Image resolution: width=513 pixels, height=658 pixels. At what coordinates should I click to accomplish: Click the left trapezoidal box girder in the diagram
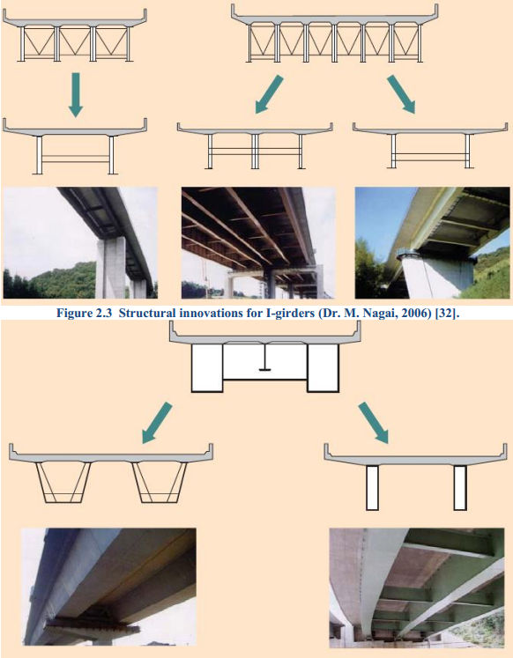65,482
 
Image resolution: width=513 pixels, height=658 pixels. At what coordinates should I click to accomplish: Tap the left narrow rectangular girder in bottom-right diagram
371,487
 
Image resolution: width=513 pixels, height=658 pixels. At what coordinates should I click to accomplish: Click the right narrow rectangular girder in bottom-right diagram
459,487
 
